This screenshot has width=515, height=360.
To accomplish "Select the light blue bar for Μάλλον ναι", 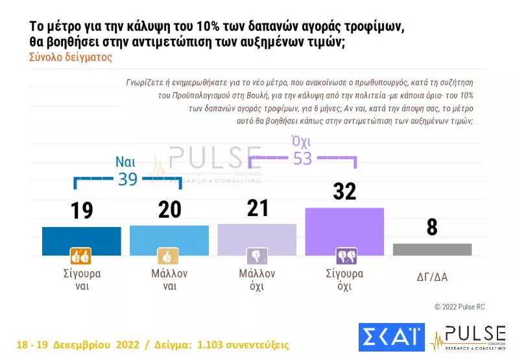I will [x=169, y=239].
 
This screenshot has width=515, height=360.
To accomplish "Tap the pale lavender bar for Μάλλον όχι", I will [x=256, y=239].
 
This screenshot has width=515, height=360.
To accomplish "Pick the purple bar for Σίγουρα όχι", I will [x=344, y=231].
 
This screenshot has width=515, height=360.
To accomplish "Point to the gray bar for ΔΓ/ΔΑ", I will [x=432, y=250].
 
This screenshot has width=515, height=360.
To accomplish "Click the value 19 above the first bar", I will [x=81, y=211].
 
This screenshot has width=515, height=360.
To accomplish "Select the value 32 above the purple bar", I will [x=344, y=191].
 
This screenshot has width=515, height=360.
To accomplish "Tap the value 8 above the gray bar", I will [x=432, y=228].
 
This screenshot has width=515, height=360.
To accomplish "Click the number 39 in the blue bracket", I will [x=127, y=180].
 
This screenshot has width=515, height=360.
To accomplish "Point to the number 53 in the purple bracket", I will [x=302, y=158].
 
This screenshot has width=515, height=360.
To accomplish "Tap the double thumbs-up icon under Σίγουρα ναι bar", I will [x=79, y=256].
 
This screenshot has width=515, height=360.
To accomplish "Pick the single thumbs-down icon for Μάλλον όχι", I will [x=256, y=256].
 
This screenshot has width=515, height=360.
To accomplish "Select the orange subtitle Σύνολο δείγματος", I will [x=71, y=56].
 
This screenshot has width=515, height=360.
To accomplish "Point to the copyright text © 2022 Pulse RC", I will [x=464, y=306].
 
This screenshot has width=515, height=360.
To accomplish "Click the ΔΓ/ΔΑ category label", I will [x=432, y=277].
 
